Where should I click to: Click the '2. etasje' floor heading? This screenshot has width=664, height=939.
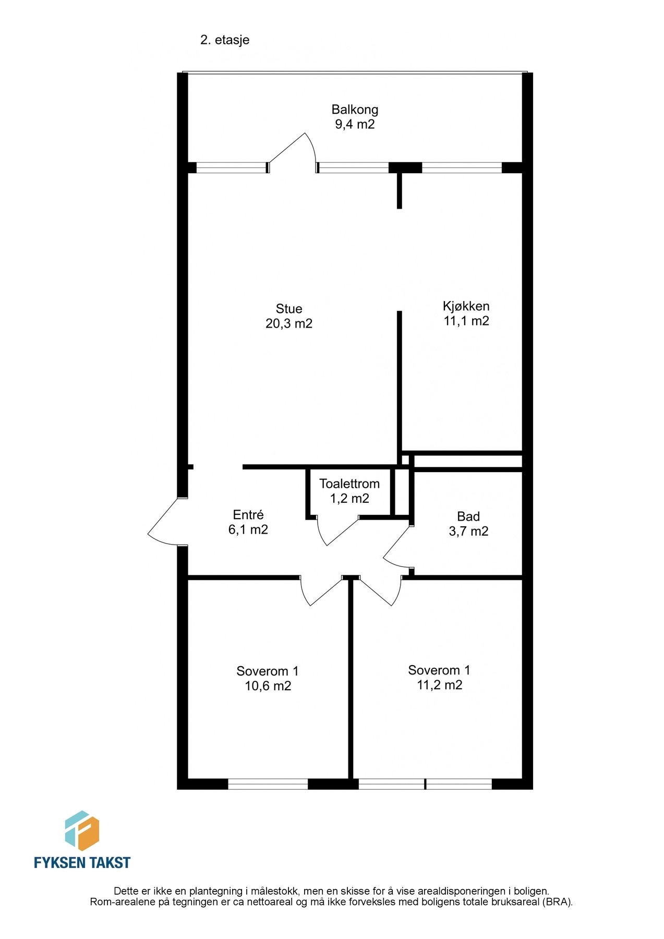point(225,40)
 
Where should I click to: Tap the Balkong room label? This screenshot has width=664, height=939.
point(355,110)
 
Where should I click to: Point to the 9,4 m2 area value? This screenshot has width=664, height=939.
point(355,124)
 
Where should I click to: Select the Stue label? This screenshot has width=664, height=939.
point(289,309)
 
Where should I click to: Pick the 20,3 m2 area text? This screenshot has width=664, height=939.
point(289,323)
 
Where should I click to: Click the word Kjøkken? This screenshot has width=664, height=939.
point(466,306)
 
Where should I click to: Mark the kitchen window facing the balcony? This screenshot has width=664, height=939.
point(461,168)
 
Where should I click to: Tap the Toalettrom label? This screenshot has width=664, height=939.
point(349,484)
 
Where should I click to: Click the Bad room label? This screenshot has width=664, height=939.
point(468,516)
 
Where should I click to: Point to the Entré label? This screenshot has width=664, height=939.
point(248,515)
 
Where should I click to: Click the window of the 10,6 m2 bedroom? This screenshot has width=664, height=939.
point(268,784)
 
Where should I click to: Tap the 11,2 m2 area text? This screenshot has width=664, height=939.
point(439,685)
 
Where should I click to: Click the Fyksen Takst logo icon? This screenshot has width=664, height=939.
point(82,831)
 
